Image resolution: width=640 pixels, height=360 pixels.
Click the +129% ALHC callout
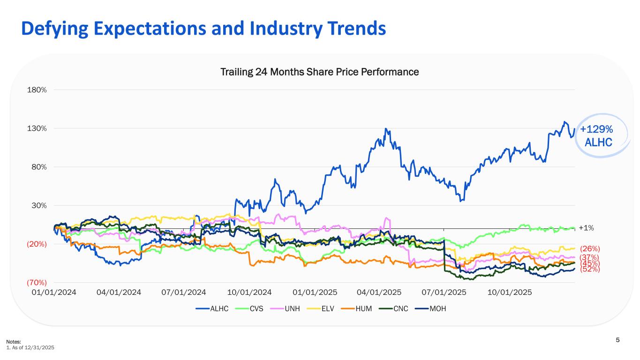[x=596, y=135]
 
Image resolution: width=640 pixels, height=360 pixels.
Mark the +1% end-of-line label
[x=587, y=228]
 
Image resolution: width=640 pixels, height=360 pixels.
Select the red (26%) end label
[x=590, y=248]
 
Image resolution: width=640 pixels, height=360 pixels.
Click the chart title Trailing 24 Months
[x=319, y=72]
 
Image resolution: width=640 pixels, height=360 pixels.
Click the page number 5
[x=617, y=340]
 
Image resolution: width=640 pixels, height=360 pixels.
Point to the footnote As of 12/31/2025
[x=32, y=347]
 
